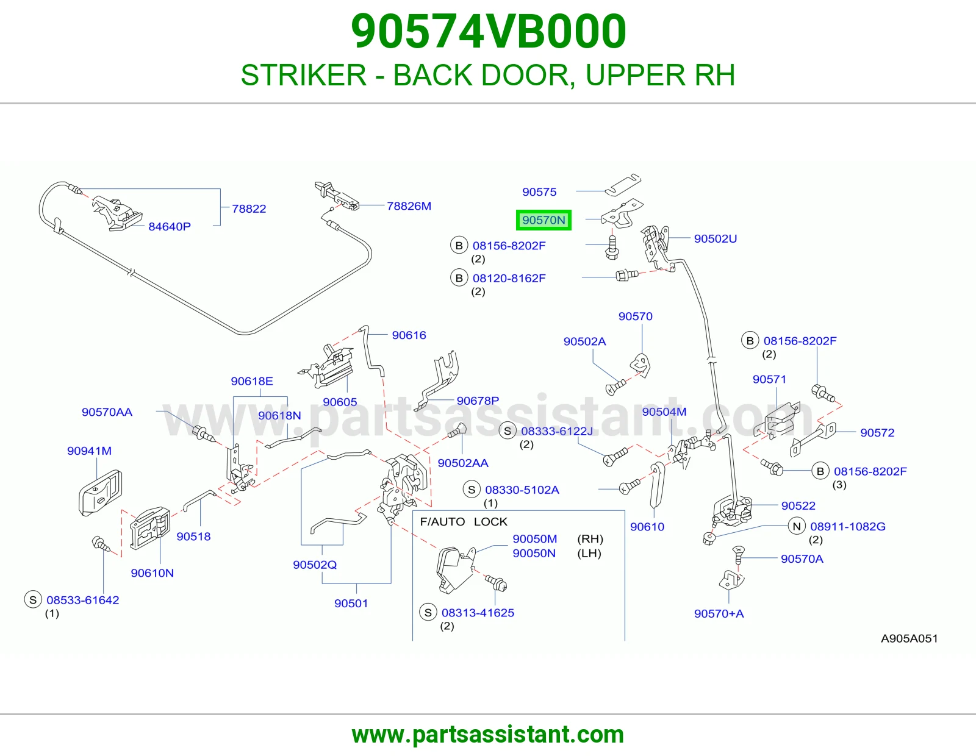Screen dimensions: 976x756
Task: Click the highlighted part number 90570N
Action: tap(544, 220)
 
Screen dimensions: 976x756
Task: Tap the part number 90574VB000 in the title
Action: tap(488, 31)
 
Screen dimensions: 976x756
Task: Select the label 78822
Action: tap(249, 209)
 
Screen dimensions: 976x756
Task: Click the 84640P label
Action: tap(170, 227)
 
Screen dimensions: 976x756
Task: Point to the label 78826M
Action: tap(409, 206)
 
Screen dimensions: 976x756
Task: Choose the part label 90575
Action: tap(539, 192)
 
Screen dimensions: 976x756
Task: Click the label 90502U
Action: tap(716, 239)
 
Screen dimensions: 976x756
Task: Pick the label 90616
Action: tap(409, 335)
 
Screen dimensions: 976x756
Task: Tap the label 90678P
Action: tap(478, 401)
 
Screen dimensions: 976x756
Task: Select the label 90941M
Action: tap(90, 451)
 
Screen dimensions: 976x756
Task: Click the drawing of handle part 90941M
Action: tap(100, 493)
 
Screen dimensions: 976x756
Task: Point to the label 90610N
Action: tap(152, 573)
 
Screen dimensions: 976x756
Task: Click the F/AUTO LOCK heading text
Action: tap(464, 522)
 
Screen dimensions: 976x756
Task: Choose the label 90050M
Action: tap(534, 539)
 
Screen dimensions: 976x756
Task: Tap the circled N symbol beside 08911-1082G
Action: tap(797, 527)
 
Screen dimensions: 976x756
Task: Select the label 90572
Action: tap(877, 433)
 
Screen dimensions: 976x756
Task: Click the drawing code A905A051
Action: tap(909, 639)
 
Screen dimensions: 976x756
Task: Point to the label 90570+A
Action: tap(719, 614)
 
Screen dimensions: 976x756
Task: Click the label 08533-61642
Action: tap(82, 600)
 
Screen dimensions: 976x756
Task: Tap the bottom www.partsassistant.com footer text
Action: tap(488, 735)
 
